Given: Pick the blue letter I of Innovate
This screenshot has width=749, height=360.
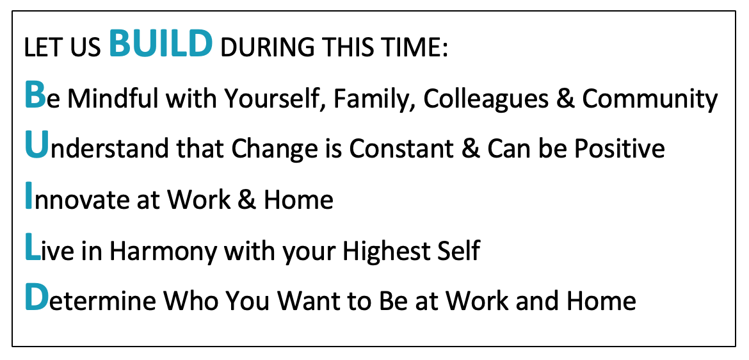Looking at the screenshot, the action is click(x=29, y=195).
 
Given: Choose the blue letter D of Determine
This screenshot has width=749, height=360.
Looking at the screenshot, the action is click(x=36, y=297).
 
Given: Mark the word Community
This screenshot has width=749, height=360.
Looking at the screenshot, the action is click(x=650, y=99).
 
